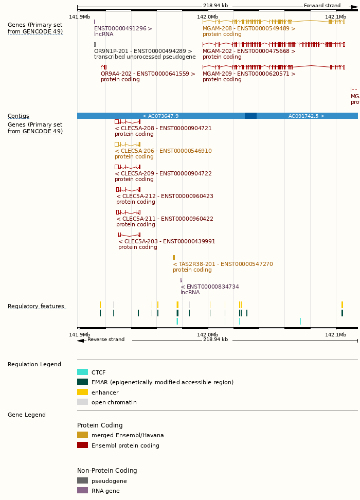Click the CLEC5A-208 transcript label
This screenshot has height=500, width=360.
point(163,129)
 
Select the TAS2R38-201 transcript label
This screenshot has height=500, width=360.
point(223,264)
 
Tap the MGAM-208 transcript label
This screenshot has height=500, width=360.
point(249,29)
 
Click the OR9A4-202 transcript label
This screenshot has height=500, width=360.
point(148,74)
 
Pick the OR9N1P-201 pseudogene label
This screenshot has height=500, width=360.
point(142,51)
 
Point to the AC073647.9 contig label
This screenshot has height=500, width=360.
point(160,116)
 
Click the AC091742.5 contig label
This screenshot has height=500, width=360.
point(306,116)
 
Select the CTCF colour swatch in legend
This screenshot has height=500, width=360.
point(82,372)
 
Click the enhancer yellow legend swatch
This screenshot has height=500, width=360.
point(82,392)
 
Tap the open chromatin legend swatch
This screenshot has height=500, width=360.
point(82,402)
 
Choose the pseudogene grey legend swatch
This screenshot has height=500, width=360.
point(82,481)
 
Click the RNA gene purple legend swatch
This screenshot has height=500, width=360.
point(82,491)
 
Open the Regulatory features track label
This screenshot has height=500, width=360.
point(36,307)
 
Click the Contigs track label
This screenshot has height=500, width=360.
point(19,116)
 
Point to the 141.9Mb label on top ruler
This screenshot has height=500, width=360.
point(80,16)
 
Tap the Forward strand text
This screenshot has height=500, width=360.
point(322,6)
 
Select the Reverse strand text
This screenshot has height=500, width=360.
point(106,340)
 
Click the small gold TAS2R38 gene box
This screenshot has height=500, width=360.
point(174,257)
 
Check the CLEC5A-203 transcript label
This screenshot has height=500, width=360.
point(167,242)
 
